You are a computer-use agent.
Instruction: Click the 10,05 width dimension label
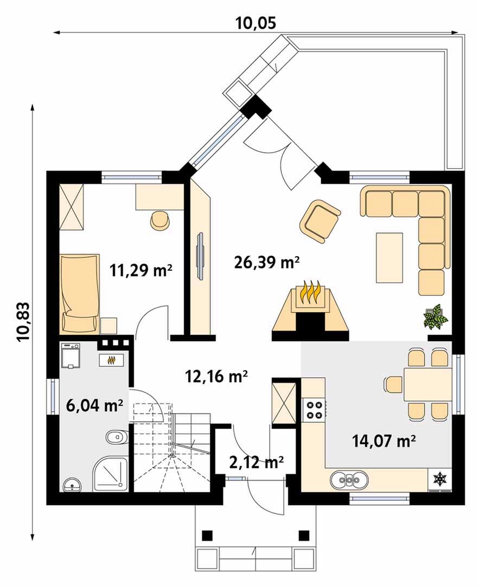(256, 23)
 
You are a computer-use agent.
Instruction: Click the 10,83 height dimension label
(23, 322)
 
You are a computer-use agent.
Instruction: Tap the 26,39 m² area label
(267, 262)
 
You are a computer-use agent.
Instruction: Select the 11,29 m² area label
(141, 270)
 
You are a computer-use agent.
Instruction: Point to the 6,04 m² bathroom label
(94, 405)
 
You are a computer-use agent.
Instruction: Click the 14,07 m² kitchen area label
(384, 441)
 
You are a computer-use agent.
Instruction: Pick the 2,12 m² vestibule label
(256, 462)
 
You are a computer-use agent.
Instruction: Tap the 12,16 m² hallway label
(216, 377)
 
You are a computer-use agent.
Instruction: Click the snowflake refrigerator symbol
(440, 479)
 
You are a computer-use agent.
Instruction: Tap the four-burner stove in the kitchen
(314, 409)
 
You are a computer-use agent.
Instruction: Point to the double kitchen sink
(349, 479)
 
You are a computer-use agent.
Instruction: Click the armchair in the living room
(320, 220)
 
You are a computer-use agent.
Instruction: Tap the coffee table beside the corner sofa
(389, 258)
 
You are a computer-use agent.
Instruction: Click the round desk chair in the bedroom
(161, 220)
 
